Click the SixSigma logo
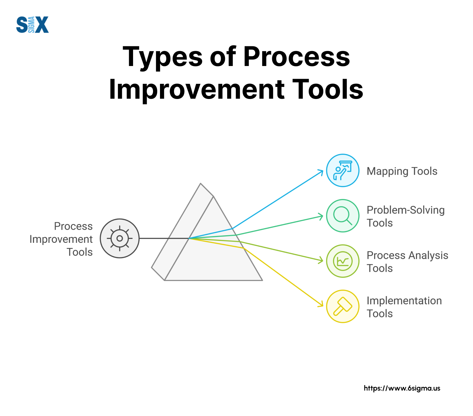(32, 25)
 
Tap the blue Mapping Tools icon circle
(343, 170)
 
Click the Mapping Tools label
(402, 171)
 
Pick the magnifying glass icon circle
(343, 216)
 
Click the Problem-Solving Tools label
(406, 216)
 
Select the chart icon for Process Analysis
(343, 261)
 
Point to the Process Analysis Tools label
(407, 262)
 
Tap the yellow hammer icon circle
(343, 306)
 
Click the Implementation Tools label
(404, 307)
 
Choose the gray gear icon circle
(120, 238)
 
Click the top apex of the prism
(201, 183)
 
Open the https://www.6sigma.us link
(402, 388)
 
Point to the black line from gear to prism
(164, 238)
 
